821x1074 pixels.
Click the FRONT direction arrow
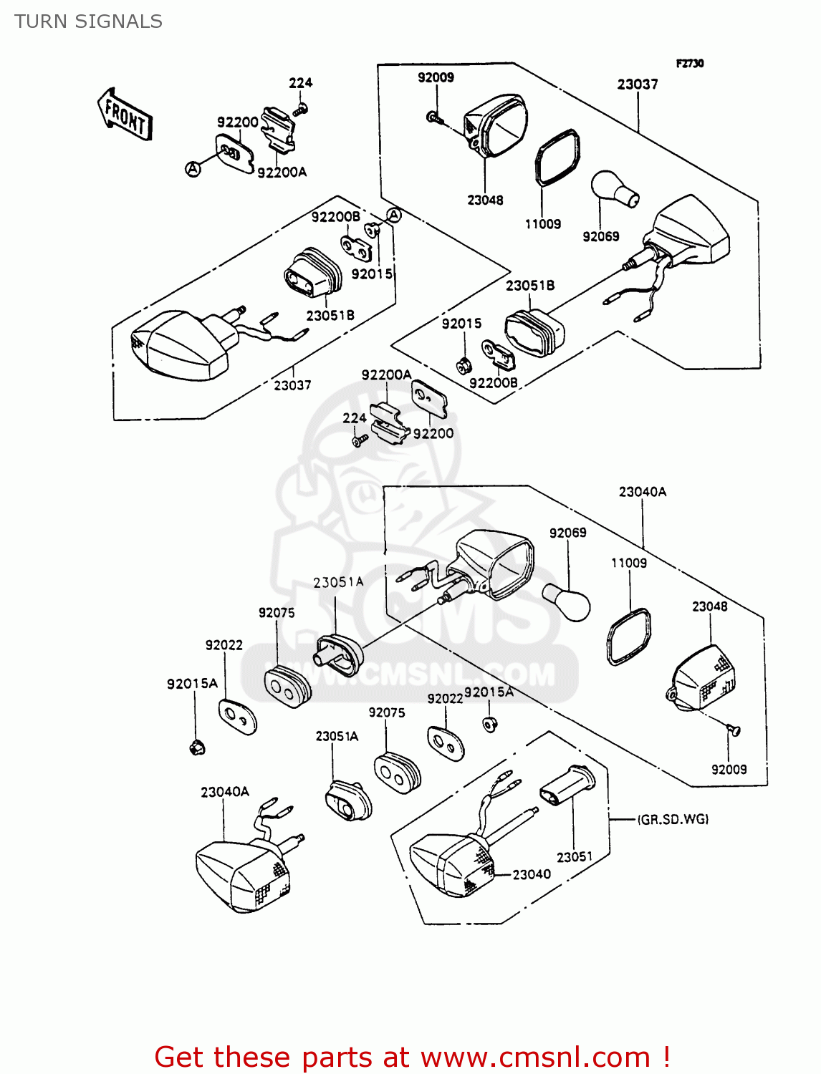click(125, 115)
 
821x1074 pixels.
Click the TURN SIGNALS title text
click(88, 21)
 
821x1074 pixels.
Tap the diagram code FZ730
click(689, 63)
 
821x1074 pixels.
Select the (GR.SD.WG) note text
click(673, 819)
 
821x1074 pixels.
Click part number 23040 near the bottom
click(532, 874)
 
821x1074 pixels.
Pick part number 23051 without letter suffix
click(575, 857)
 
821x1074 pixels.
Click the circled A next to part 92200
click(193, 169)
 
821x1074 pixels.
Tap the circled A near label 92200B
click(394, 215)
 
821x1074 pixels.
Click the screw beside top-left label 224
click(302, 110)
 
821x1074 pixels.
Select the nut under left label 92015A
click(195, 748)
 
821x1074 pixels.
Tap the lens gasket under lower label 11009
click(629, 636)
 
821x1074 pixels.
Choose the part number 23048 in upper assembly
click(485, 200)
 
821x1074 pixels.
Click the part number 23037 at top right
click(637, 84)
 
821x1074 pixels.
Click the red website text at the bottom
click(412, 1057)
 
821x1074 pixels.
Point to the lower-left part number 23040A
click(224, 792)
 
